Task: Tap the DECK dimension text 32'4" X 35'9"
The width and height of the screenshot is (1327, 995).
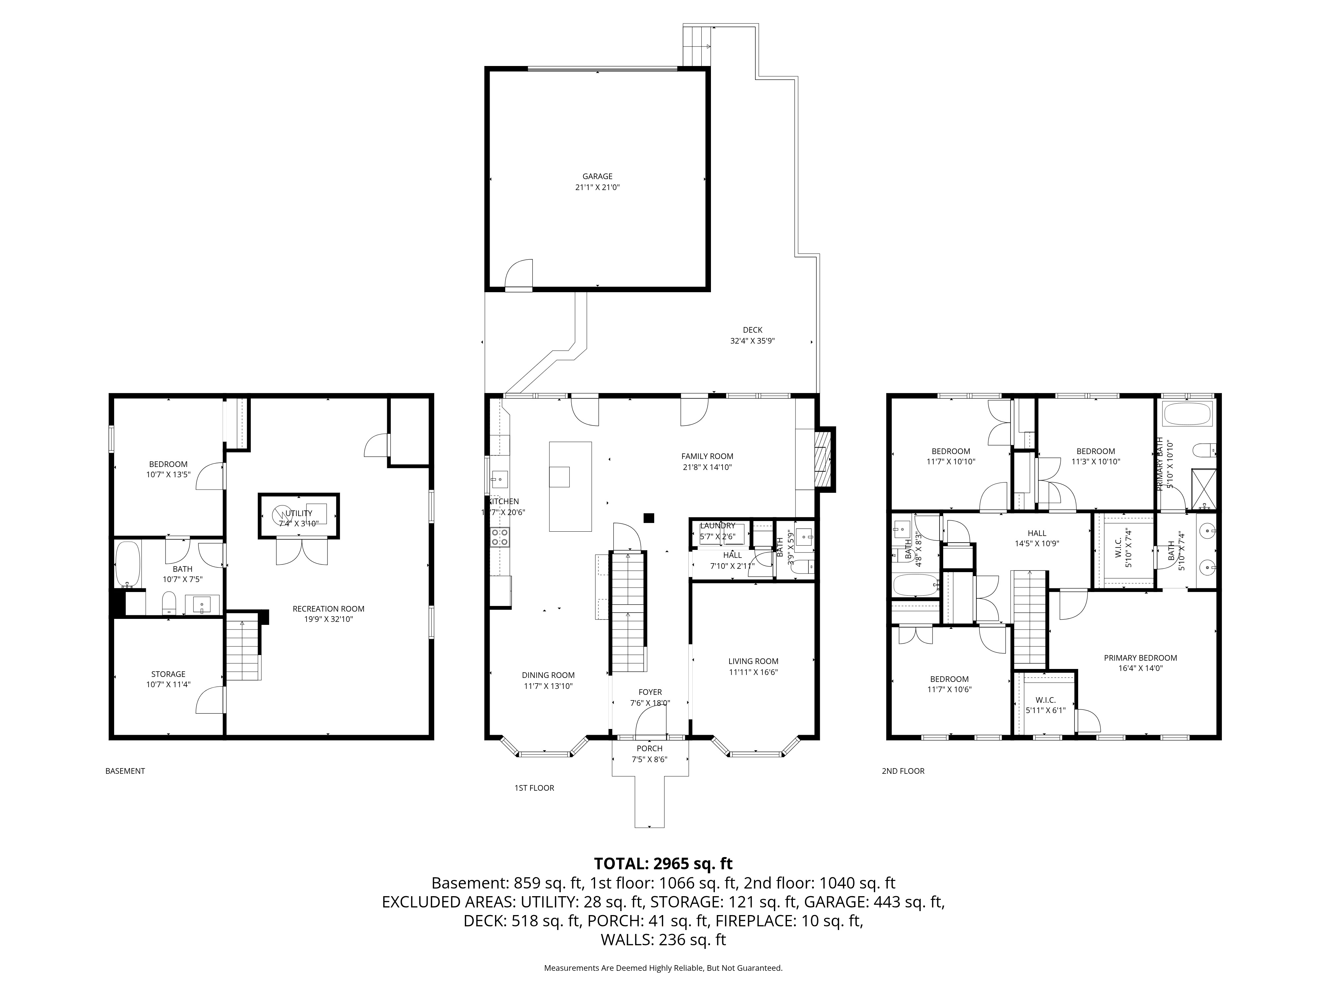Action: pyautogui.click(x=752, y=341)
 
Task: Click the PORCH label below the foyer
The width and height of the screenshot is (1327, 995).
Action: pyautogui.click(x=649, y=749)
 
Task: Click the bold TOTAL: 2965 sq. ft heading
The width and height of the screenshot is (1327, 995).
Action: pyautogui.click(x=663, y=864)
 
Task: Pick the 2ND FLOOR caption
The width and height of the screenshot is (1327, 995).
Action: pyautogui.click(x=903, y=771)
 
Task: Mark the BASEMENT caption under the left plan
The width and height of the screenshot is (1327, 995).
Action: pyautogui.click(x=125, y=771)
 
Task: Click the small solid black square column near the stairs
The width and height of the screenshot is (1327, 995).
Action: pyautogui.click(x=649, y=518)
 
